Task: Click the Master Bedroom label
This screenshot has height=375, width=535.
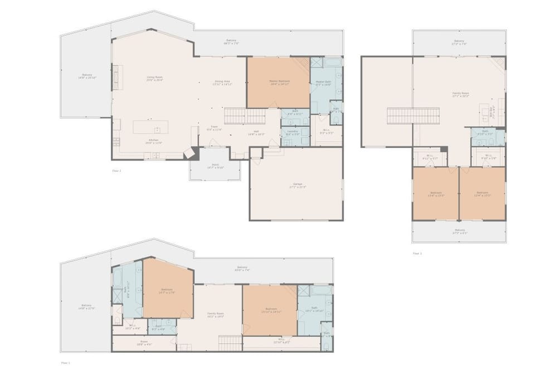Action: tap(278, 82)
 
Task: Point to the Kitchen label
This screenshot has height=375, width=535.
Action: tap(153, 141)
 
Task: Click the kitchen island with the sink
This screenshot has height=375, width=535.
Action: tap(150, 126)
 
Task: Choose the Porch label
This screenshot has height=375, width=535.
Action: tap(215, 166)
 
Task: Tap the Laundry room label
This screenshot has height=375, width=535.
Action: tap(293, 133)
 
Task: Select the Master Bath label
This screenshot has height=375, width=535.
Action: tap(324, 83)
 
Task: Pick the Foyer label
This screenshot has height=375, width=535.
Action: tap(215, 128)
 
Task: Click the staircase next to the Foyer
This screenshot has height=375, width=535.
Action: tap(245, 116)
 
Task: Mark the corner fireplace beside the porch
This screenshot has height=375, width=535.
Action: tap(191, 153)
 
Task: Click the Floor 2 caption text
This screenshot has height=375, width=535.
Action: tap(116, 171)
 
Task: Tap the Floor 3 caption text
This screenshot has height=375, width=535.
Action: tap(417, 254)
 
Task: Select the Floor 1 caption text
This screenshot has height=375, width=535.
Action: tap(65, 363)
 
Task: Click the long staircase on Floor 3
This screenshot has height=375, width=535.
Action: tap(414, 115)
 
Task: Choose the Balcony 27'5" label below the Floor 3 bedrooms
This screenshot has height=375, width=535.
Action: tap(459, 231)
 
